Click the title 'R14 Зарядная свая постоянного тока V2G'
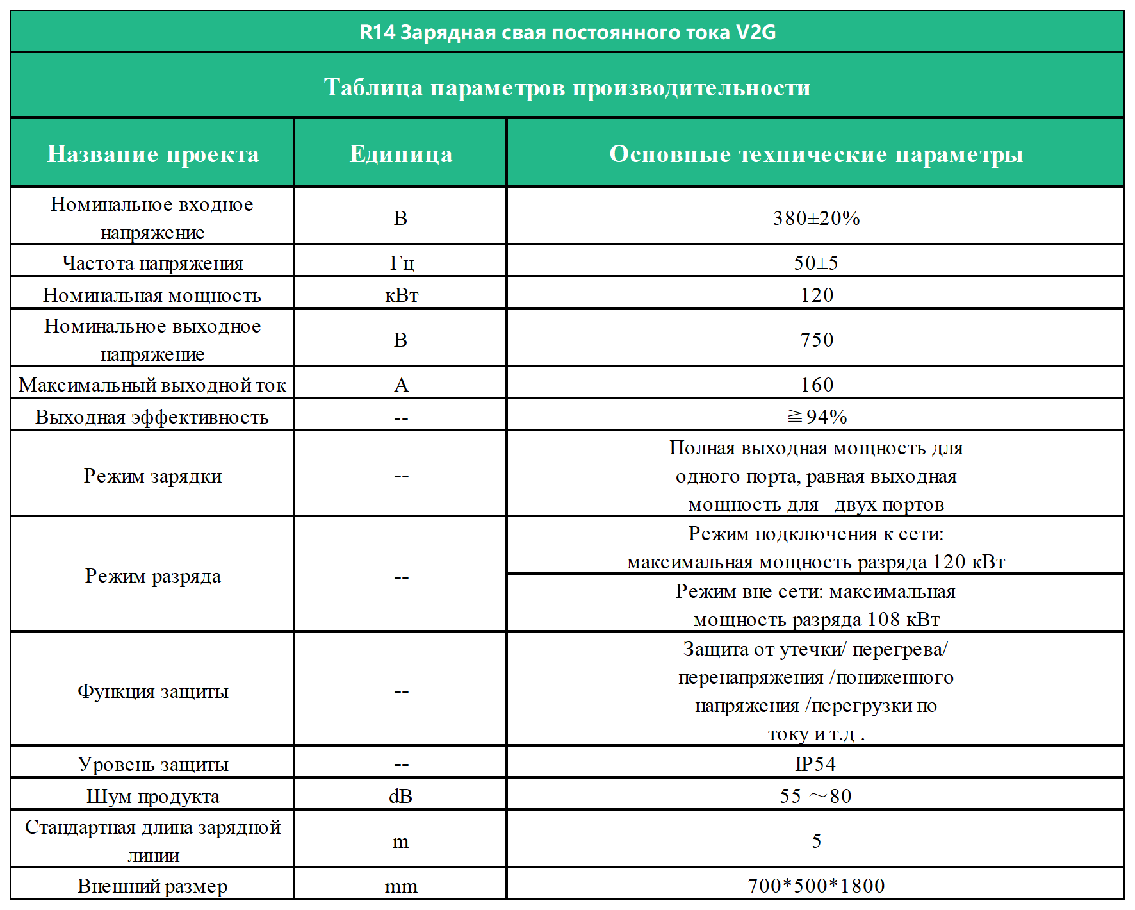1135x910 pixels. point(567,32)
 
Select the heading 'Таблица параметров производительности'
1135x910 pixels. point(567,87)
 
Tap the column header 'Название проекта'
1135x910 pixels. point(152,154)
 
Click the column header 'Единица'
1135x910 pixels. point(401,154)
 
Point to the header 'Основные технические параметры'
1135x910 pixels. point(815,154)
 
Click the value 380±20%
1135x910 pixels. point(816,218)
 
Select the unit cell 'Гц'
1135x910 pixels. point(402,263)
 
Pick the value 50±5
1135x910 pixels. point(816,263)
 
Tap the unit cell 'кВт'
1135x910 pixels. point(402,295)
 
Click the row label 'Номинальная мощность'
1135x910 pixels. point(152,295)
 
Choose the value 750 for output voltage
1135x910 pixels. point(817,340)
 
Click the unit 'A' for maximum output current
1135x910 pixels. point(401,385)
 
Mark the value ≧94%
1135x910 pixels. point(817,417)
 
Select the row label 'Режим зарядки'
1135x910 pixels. point(152,476)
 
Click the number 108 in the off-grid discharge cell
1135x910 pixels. point(883,620)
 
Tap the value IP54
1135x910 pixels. point(815,764)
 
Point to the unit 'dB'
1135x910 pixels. point(401,796)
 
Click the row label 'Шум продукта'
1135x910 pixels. point(152,796)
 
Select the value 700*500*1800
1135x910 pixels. point(816,886)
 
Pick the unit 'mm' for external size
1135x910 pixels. point(401,886)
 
